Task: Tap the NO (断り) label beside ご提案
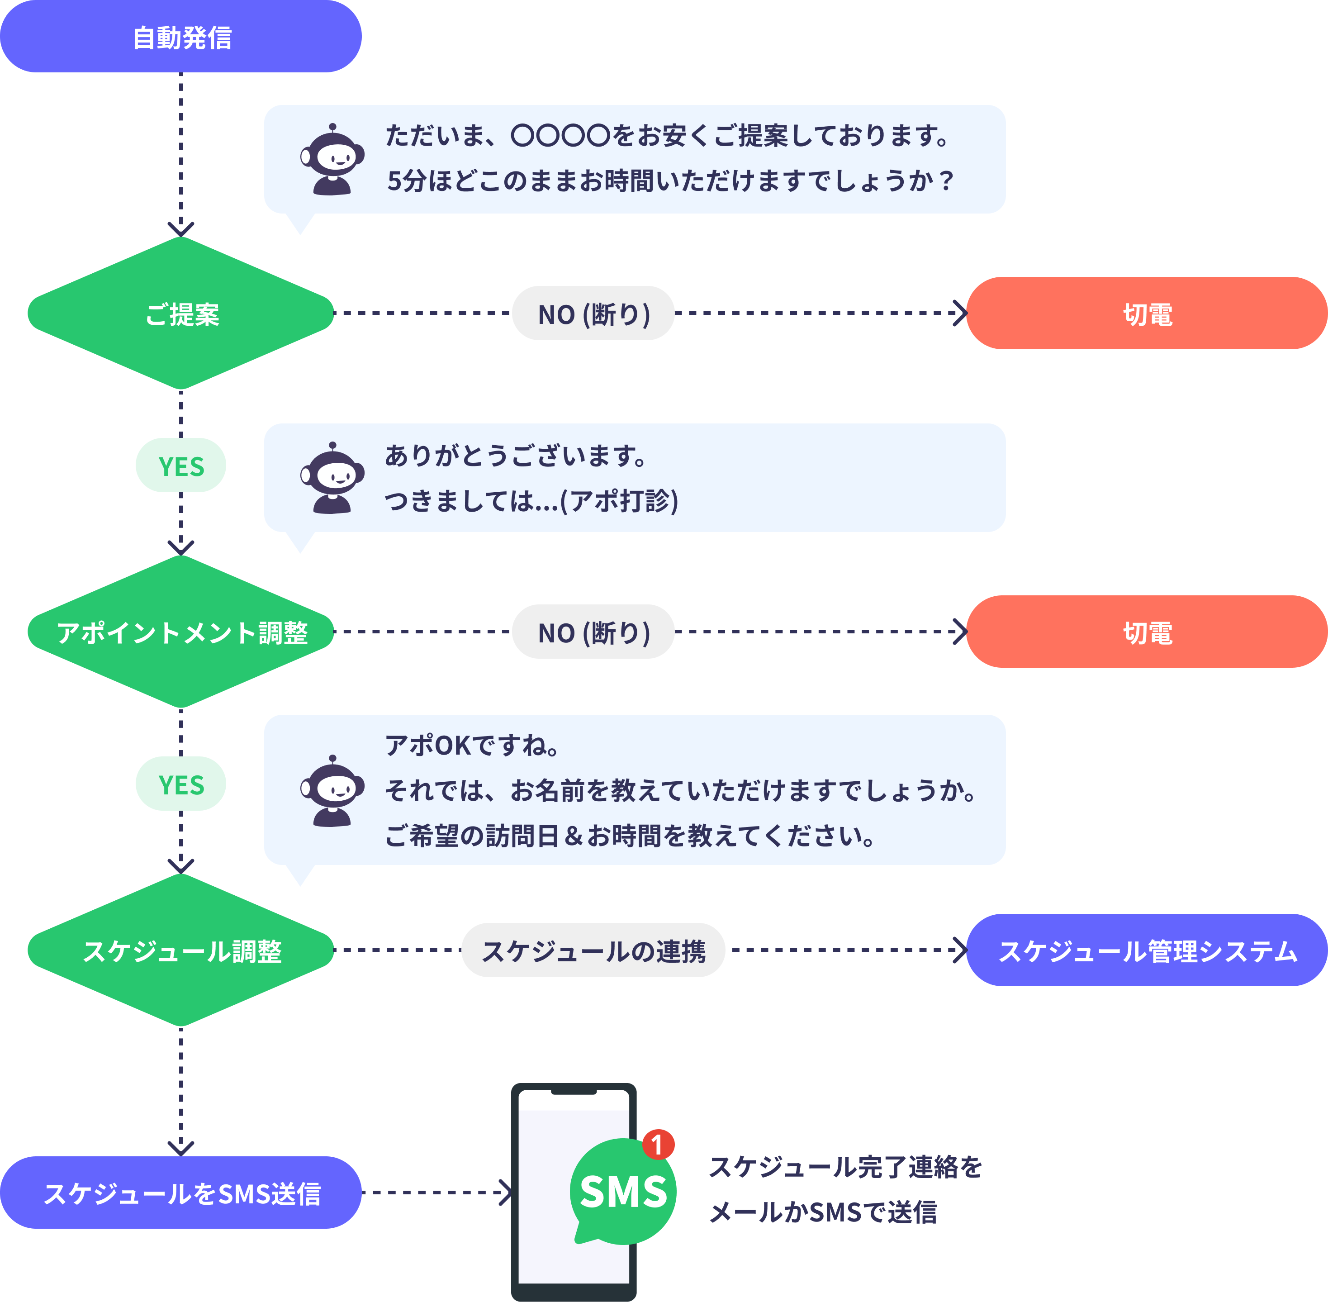pyautogui.click(x=593, y=313)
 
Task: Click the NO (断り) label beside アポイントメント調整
pyautogui.click(x=593, y=632)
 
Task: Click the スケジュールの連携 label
pyautogui.click(x=593, y=950)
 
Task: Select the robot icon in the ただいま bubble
pyautogui.click(x=332, y=160)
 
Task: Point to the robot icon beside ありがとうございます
pyautogui.click(x=332, y=479)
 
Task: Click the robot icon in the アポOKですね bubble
pyautogui.click(x=332, y=792)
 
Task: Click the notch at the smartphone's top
pyautogui.click(x=574, y=1091)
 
